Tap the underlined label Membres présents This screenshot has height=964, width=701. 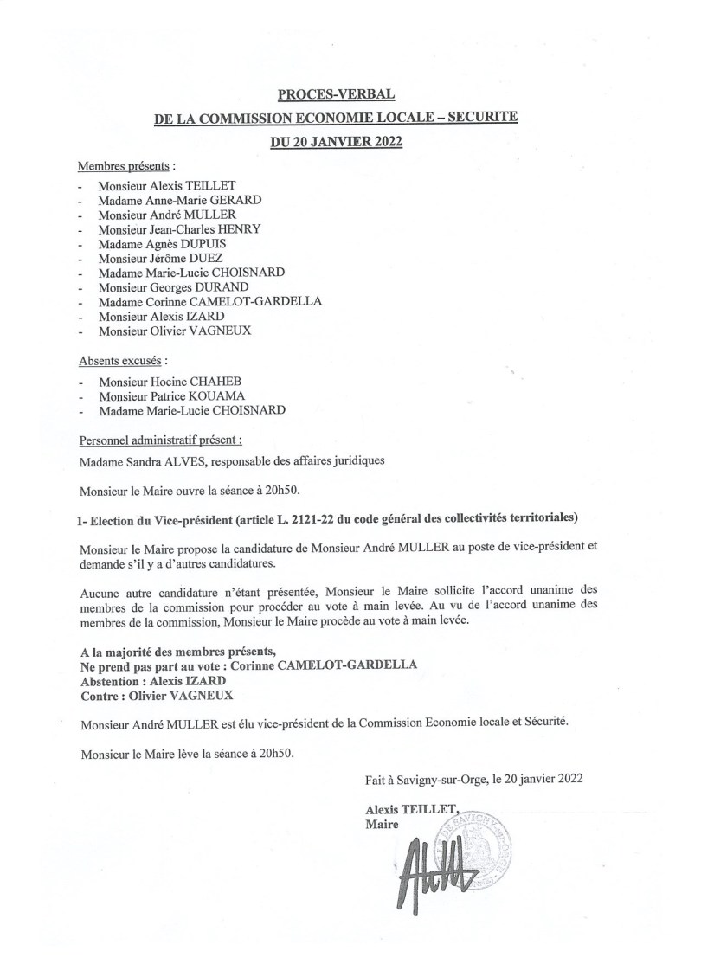tap(125, 165)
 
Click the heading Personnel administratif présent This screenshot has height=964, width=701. tap(159, 440)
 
